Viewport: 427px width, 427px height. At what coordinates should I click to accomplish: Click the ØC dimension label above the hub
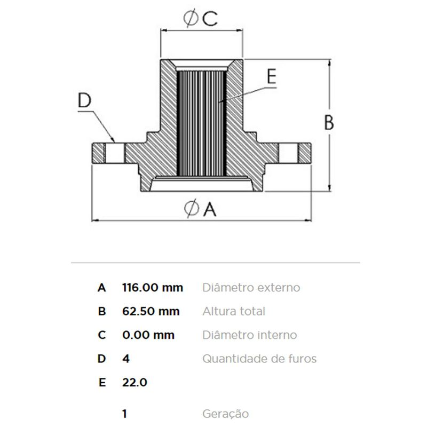(x=201, y=18)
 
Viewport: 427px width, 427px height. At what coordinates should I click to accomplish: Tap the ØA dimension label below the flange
(x=200, y=209)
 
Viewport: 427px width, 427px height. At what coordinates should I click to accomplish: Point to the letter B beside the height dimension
(x=329, y=123)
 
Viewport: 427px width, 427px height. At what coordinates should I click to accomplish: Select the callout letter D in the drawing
(x=85, y=100)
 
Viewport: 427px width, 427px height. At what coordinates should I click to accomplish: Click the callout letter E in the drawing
(x=272, y=76)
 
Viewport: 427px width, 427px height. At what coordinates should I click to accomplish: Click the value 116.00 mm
(x=153, y=288)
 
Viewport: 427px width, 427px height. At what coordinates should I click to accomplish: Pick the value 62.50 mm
(x=151, y=311)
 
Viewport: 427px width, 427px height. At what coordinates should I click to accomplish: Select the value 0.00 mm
(x=148, y=335)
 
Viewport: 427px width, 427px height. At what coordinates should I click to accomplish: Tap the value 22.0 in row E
(x=135, y=382)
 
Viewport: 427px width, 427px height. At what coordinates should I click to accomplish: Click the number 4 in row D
(x=126, y=359)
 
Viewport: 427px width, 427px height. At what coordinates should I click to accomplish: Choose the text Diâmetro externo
(x=251, y=288)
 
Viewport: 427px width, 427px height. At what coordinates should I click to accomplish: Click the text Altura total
(x=234, y=311)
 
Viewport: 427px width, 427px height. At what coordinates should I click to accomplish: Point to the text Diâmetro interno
(x=249, y=335)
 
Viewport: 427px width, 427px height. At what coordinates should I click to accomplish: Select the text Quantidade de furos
(x=259, y=359)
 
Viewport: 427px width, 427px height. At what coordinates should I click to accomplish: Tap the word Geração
(x=225, y=414)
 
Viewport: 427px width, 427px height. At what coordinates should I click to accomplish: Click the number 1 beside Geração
(x=124, y=414)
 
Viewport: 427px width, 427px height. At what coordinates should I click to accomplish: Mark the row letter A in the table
(x=101, y=288)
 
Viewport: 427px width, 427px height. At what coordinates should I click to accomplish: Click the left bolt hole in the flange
(x=114, y=153)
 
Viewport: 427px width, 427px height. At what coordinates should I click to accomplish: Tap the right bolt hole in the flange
(x=288, y=153)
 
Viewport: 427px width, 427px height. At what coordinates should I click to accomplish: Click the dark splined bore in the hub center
(x=202, y=123)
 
